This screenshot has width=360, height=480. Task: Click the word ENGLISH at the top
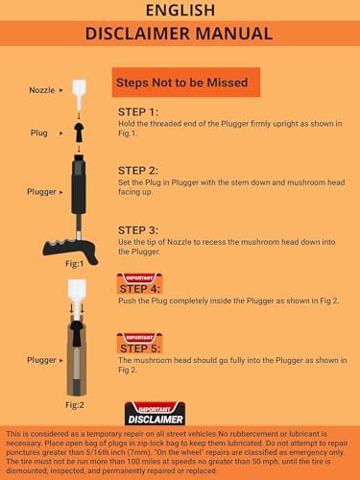pos(180,10)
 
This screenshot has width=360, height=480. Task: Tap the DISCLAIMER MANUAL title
pos(179,34)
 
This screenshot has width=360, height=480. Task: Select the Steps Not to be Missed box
pos(186,83)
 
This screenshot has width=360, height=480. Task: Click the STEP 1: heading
pos(138,112)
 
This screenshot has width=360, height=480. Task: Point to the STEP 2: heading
pos(138,171)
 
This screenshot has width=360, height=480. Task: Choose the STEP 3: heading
pos(138,230)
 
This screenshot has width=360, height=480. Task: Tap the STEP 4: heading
pos(139,289)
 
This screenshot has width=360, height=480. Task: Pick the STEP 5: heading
pos(140,348)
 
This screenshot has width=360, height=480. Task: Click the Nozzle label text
pos(42,90)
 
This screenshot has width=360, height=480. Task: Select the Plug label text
pos(39,132)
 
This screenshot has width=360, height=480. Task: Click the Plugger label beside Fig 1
pos(41,192)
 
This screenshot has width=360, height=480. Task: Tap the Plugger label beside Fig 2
pos(41,360)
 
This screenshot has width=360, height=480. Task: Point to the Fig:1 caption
pos(75,263)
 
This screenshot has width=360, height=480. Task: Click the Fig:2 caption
pos(75,405)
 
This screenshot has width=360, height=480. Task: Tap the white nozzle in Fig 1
pos(79,94)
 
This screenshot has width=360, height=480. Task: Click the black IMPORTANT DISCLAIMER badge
pos(155,414)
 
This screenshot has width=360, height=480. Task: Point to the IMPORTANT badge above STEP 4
pos(139,278)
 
